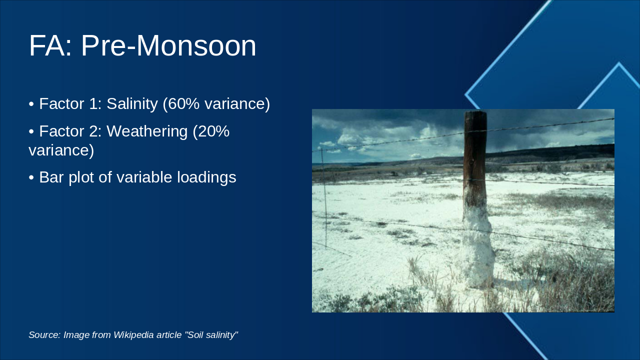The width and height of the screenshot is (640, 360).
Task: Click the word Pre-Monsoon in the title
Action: pyautogui.click(x=168, y=46)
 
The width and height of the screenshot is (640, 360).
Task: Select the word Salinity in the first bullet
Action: pyautogui.click(x=132, y=104)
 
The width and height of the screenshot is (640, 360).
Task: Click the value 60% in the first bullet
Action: pyautogui.click(x=180, y=104)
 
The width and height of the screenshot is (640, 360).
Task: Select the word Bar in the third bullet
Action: pyautogui.click(x=51, y=177)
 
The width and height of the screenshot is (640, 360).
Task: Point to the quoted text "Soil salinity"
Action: pyautogui.click(x=211, y=335)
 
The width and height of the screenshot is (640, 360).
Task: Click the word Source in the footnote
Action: pyautogui.click(x=44, y=335)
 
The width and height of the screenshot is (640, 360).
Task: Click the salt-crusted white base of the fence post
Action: pyautogui.click(x=477, y=250)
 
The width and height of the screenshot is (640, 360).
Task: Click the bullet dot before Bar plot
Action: pyautogui.click(x=31, y=177)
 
